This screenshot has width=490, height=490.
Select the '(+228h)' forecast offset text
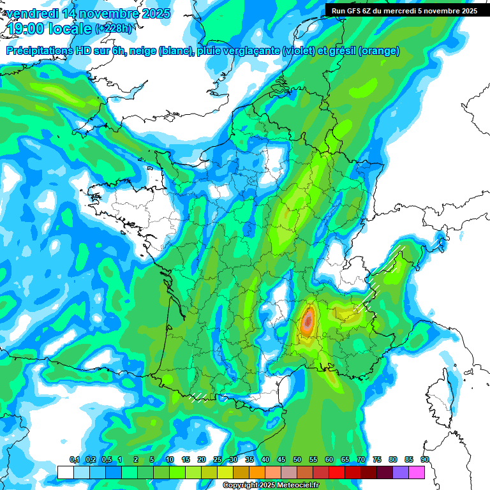click(x=114, y=29)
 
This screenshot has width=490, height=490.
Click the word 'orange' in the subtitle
click(x=380, y=51)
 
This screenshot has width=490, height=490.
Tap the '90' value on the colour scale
click(x=424, y=460)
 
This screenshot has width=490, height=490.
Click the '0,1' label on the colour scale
click(x=74, y=460)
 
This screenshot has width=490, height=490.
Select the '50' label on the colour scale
click(x=297, y=460)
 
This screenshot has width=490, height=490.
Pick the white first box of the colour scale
click(x=65, y=472)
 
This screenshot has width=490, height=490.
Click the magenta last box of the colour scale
click(x=417, y=472)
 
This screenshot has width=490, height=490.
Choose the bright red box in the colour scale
click(x=337, y=472)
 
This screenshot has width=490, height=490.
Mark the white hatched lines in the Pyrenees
click(x=200, y=397)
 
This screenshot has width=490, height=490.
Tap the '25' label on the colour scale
click(x=218, y=460)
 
